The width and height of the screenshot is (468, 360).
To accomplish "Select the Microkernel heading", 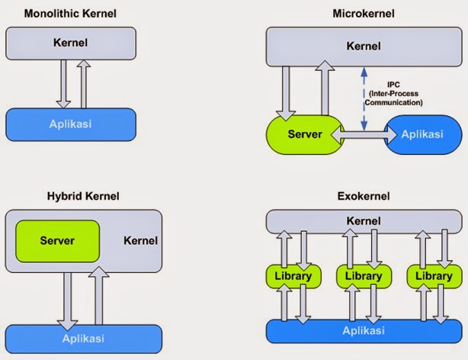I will [x=362, y=14].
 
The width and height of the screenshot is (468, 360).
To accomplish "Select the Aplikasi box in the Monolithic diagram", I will [x=72, y=123].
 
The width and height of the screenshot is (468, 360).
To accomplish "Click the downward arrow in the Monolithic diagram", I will [x=63, y=84].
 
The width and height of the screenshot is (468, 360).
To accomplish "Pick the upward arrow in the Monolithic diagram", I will [x=84, y=84].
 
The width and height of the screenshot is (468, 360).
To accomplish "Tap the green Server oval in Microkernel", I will [x=304, y=134].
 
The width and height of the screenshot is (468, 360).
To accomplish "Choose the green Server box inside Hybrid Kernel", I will [x=58, y=240].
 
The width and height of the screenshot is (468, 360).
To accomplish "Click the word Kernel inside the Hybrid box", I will [x=140, y=241].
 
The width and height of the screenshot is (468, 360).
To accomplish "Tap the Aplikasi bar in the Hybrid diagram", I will [x=83, y=339].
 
